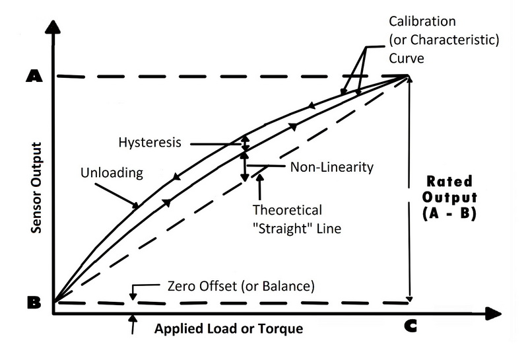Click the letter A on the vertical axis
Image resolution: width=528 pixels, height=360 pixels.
pyautogui.click(x=32, y=76)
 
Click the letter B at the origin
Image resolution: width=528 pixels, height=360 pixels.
pyautogui.click(x=32, y=303)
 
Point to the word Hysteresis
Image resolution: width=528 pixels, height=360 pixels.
pyautogui.click(x=150, y=142)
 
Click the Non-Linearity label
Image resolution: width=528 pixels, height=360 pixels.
pyautogui.click(x=332, y=166)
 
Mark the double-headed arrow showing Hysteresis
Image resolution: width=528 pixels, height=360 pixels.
pyautogui.click(x=245, y=143)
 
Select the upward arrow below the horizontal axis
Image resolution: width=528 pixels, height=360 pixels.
pyautogui.click(x=134, y=324)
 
